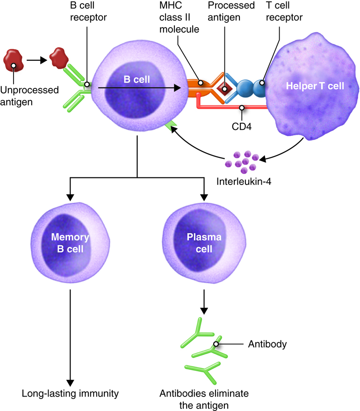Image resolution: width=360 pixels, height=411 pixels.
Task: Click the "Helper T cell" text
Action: tap(316, 86)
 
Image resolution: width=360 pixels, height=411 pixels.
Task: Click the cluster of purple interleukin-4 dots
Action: tap(241, 160)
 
